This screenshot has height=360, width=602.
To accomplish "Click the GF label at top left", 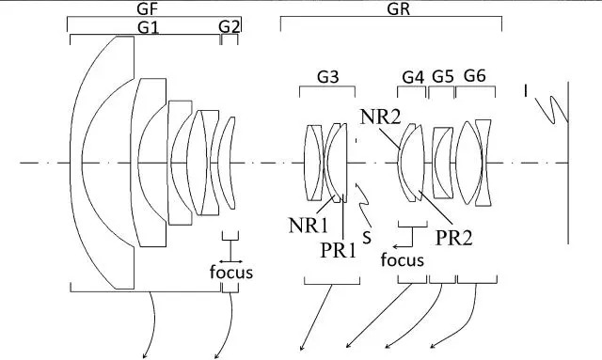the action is tap(149, 8).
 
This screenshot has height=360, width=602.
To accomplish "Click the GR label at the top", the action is tap(399, 8).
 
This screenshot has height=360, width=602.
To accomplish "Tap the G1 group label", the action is tap(149, 27).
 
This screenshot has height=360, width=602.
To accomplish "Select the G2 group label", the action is tap(230, 27).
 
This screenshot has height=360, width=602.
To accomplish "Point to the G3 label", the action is tap(328, 77).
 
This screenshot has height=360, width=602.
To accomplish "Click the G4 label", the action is tap(413, 77).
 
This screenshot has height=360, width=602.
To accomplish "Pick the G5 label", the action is tap(443, 76).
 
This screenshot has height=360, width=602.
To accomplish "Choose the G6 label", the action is tap(475, 75).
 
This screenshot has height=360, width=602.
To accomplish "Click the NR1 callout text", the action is tap(309, 226).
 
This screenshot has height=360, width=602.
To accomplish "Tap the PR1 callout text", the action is tap(339, 251).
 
